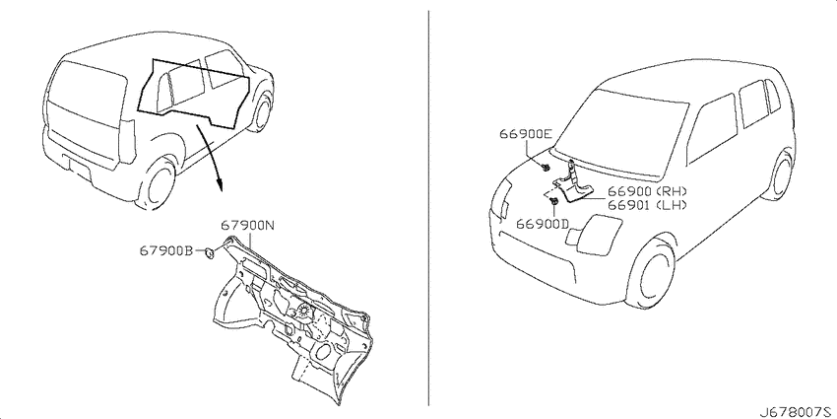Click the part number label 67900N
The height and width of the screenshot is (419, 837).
click(x=247, y=226)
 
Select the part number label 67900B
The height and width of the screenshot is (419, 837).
click(x=166, y=250)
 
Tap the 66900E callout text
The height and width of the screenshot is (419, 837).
click(x=525, y=134)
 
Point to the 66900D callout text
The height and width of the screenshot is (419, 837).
click(x=543, y=224)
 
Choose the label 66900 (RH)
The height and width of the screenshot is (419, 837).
click(x=646, y=192)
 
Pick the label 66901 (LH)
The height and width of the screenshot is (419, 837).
click(x=646, y=205)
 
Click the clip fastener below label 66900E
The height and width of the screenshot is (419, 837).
click(x=545, y=168)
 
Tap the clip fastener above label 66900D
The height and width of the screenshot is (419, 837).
click(x=554, y=201)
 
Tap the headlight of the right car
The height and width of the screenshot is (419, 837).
click(x=594, y=234)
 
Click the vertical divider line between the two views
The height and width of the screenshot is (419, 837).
click(x=428, y=208)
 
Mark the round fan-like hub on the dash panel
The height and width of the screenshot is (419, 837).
click(x=303, y=311)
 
